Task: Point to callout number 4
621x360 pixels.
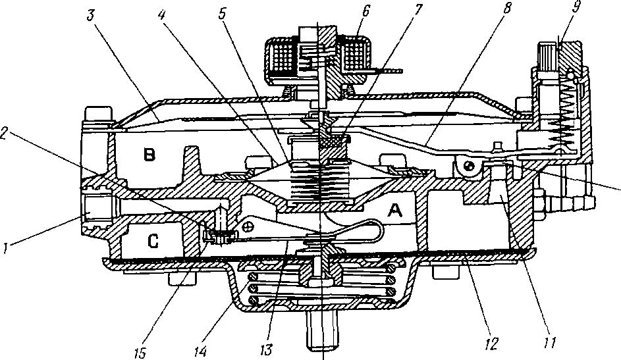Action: pos(161,14)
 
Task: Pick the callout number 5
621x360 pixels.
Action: pos(222,14)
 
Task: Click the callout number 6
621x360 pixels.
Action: pos(365,11)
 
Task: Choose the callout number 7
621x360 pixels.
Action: pos(419,9)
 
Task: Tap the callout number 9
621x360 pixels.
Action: pos(576,7)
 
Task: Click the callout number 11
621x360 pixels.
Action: pos(550,343)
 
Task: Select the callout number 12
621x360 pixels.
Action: pos(491,344)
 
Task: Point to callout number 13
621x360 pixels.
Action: pos(266,349)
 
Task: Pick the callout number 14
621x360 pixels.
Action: pos(200,351)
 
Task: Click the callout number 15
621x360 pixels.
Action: pos(140,353)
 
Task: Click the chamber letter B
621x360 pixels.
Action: pos(149,154)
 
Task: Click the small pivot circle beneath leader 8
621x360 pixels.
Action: pos(470,166)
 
